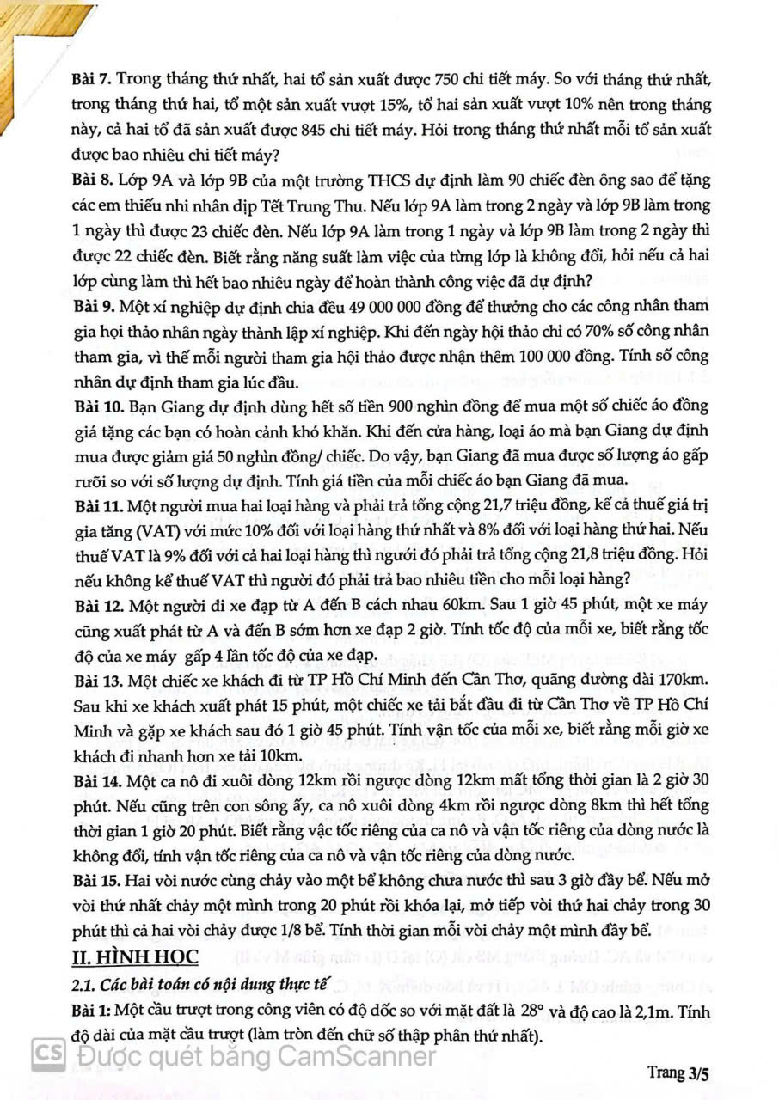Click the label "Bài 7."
point(92,80)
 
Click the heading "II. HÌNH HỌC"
point(135,956)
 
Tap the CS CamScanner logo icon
point(48,1054)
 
